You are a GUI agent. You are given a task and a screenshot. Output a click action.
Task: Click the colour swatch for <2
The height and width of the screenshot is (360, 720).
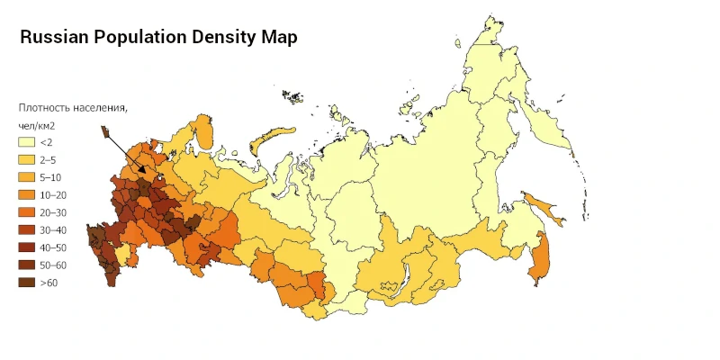26,142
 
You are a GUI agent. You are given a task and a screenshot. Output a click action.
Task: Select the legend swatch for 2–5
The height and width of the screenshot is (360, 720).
26,159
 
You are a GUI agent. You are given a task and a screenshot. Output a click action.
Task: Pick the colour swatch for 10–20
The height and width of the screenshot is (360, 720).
26,194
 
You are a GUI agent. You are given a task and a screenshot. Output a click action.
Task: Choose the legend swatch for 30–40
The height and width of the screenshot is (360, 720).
26,229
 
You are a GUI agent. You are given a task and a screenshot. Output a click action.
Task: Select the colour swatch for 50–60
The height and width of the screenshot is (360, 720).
26,265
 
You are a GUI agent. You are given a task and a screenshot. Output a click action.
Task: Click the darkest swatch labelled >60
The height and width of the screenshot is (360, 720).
26,283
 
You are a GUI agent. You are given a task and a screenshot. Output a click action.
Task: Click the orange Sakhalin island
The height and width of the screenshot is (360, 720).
541,256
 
